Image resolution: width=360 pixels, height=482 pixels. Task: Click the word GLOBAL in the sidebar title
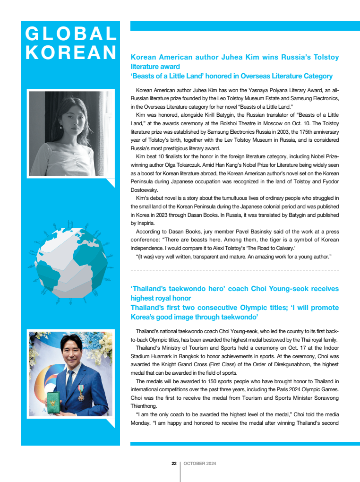(x=71, y=34)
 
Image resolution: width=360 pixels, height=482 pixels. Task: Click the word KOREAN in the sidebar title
(x=71, y=52)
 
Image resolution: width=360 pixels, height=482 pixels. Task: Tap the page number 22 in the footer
(x=174, y=464)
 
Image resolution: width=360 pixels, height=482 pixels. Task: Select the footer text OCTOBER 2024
(x=200, y=464)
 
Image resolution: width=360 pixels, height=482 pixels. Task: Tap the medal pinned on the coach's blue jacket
(x=81, y=392)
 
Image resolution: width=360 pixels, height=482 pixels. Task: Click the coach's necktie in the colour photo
(x=70, y=378)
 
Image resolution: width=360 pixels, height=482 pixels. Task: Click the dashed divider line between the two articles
(x=235, y=271)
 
